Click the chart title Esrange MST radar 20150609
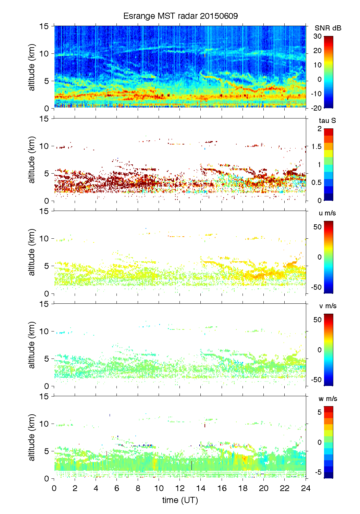click(181, 16)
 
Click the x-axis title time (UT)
click(180, 500)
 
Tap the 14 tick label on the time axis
click(201, 488)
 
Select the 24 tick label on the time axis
click(306, 488)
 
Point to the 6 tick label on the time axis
click(117, 488)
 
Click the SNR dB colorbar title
click(328, 28)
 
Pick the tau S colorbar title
click(327, 121)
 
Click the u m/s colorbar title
click(327, 213)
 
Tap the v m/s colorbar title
click(327, 306)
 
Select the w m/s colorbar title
click(328, 399)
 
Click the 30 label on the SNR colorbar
click(318, 36)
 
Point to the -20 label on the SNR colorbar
click(316, 108)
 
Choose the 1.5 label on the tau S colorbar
click(316, 147)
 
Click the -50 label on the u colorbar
click(316, 287)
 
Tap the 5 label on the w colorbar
click(320, 412)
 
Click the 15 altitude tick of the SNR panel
click(45, 26)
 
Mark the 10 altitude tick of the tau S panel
click(45, 146)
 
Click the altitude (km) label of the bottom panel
click(32, 437)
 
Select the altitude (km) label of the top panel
click(32, 67)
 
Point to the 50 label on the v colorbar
click(318, 320)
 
